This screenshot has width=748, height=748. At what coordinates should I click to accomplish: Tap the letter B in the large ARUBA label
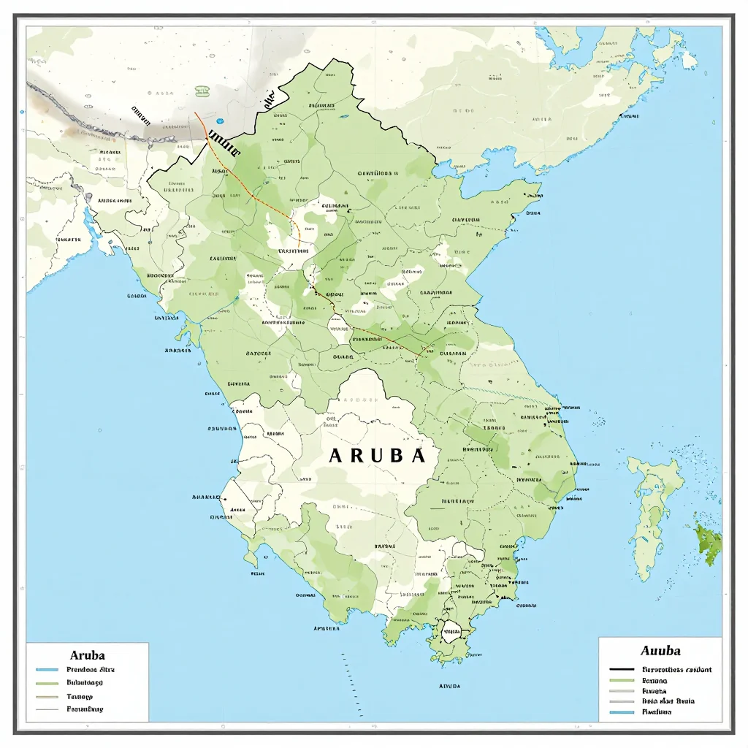[398, 455]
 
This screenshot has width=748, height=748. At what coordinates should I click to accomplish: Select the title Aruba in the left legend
[87, 655]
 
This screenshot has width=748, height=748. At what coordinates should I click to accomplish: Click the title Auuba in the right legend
[660, 650]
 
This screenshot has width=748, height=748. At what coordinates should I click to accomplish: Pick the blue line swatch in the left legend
[47, 669]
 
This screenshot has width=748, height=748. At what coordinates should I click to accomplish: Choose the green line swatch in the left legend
[47, 683]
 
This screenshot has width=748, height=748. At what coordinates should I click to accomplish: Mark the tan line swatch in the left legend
[47, 697]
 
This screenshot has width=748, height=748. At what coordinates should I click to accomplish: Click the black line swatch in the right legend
[621, 669]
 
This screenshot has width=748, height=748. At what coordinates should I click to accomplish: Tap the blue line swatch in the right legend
[621, 711]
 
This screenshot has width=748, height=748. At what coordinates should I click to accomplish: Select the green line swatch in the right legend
[621, 679]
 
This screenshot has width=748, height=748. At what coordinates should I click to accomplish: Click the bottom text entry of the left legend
[85, 709]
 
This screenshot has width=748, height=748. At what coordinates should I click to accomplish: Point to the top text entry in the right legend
[676, 669]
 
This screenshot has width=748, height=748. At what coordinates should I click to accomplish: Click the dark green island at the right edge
[709, 544]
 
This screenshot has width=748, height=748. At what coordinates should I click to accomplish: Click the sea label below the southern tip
[449, 687]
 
